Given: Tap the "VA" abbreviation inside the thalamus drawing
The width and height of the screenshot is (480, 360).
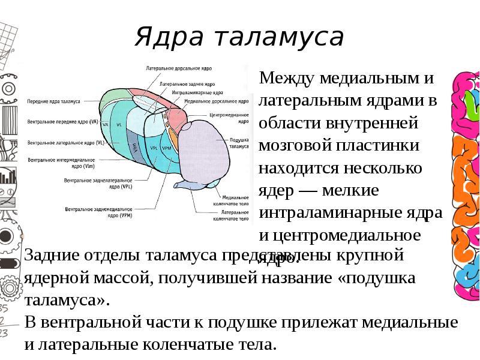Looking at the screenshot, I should [x=106, y=124].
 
